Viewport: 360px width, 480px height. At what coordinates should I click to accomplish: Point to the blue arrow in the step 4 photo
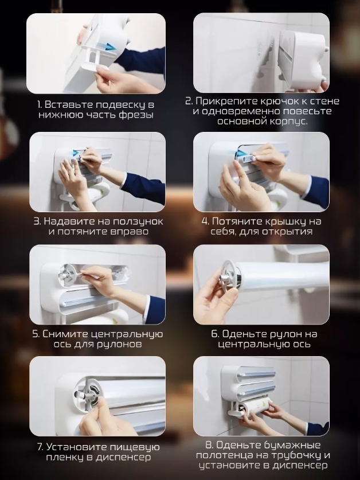point(242,152)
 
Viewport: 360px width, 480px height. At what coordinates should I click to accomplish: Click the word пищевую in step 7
point(134,447)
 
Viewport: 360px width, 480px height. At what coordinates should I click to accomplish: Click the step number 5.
point(36,334)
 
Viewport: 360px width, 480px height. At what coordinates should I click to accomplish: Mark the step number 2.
point(189,102)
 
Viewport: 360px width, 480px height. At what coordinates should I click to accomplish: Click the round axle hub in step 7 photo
point(89,392)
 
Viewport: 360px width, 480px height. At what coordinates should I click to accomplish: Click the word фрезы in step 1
point(136,115)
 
